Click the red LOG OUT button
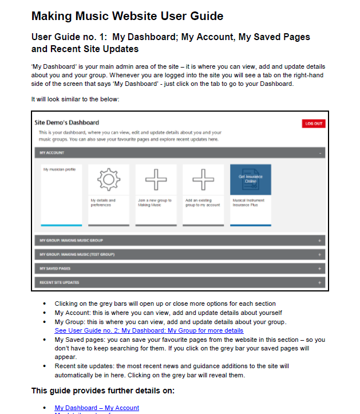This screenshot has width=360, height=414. coord(313,124)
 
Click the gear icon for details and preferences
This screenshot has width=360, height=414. coord(108,180)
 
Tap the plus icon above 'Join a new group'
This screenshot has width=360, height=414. coord(156,180)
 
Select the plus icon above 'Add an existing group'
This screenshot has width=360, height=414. coord(203,180)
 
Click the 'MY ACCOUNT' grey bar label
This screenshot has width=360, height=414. coord(52,153)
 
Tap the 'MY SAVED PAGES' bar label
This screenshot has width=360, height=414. coord(55,268)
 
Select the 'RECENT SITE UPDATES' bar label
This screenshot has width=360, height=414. coord(60,282)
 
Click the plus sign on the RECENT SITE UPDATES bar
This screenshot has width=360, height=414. coord(320,283)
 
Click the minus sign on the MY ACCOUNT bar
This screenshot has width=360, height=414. coord(320,153)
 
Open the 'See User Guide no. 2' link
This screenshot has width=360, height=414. coord(149,330)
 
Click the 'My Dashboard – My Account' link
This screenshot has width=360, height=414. coord(97,408)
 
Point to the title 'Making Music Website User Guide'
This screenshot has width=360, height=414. coord(127,16)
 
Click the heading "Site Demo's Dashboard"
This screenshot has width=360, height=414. coord(66,123)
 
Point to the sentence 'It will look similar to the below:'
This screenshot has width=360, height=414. coord(75,99)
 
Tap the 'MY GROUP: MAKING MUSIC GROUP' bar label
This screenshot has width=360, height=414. coord(71,240)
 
